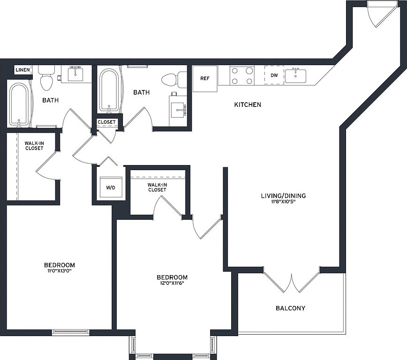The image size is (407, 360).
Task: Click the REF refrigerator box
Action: coord(205,78)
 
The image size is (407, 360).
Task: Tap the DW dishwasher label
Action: coord(274,75)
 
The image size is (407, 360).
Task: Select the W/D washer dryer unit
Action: coord(111,187)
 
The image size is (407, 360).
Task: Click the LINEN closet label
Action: coord(23,70)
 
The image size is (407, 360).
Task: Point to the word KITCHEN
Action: coord(248,105)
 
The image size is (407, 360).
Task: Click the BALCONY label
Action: coord(290,308)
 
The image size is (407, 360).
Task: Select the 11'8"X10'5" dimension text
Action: coord(283,201)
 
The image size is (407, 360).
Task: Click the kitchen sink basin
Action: coord(295,76)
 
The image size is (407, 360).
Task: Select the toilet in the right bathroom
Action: coord(174,79)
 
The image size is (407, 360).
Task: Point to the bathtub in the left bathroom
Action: coord(19,105)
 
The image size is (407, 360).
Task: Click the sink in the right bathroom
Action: coord(178,110)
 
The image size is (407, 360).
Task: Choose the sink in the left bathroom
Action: coord(75,75)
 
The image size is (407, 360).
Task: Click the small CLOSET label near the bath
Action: coord(107,122)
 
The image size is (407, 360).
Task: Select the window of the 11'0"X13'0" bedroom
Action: coord(70,332)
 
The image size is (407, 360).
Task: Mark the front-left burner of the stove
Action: coord(234,81)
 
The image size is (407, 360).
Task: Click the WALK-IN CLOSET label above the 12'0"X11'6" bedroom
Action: coord(157,187)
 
